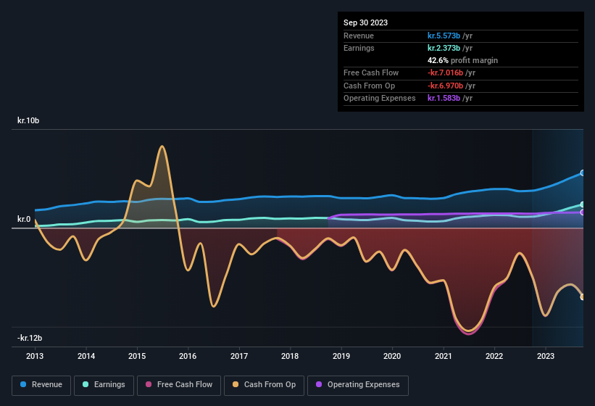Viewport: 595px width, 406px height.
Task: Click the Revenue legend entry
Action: point(41,384)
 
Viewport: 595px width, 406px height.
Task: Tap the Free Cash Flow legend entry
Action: point(178,384)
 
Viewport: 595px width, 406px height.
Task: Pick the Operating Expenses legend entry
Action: point(358,384)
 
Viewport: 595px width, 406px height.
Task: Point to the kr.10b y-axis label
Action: point(28,120)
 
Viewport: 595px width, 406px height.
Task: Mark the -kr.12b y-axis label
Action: point(30,338)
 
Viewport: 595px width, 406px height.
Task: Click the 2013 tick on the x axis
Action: point(35,356)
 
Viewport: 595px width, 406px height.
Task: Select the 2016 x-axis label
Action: point(188,356)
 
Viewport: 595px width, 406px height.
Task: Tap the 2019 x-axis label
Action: point(341,356)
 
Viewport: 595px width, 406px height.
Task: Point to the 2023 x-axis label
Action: point(545,356)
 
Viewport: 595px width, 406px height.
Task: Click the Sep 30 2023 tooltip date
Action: point(365,22)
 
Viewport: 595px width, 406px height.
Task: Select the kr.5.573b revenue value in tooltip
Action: point(450,36)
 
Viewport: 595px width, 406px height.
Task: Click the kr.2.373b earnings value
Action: point(450,48)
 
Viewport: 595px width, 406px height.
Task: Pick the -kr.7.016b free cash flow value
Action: point(452,72)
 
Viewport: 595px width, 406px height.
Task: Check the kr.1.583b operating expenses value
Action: point(450,98)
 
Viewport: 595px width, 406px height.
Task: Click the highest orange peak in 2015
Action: point(162,146)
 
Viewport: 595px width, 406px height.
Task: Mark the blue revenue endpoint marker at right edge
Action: point(583,173)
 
